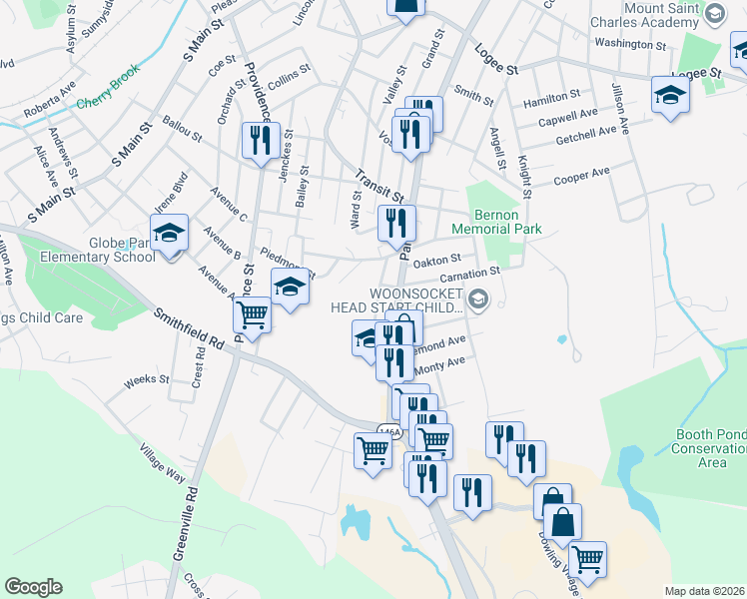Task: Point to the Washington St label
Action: (629, 45)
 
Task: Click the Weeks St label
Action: (146, 380)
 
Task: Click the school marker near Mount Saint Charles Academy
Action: (670, 96)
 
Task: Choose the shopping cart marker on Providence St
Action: (253, 315)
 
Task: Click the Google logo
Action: (34, 587)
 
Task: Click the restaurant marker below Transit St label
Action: (396, 224)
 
